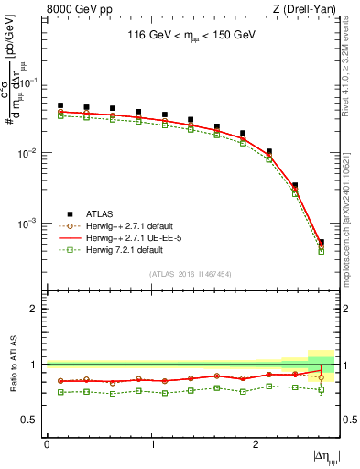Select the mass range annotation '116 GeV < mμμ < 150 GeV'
click(191, 38)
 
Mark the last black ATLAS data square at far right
click(322, 243)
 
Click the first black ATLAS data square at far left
click(60, 106)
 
